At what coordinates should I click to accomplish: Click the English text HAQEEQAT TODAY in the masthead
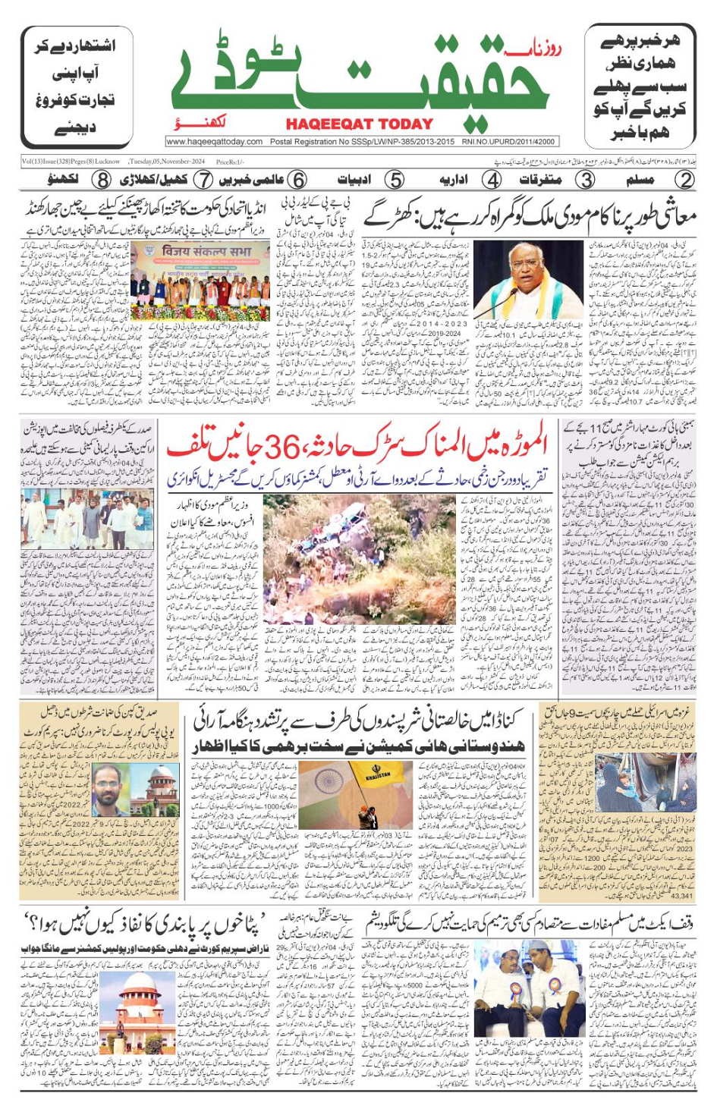pyautogui.click(x=360, y=124)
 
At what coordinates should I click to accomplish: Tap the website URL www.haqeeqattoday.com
pyautogui.click(x=215, y=142)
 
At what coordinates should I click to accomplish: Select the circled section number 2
pyautogui.click(x=684, y=180)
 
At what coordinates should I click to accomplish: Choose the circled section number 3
pyautogui.click(x=584, y=180)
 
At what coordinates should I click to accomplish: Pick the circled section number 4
pyautogui.click(x=492, y=180)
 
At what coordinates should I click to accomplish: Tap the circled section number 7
pyautogui.click(x=203, y=180)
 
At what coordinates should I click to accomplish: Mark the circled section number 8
pyautogui.click(x=102, y=180)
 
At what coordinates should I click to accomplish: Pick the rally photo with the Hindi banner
pyautogui.click(x=200, y=281)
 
